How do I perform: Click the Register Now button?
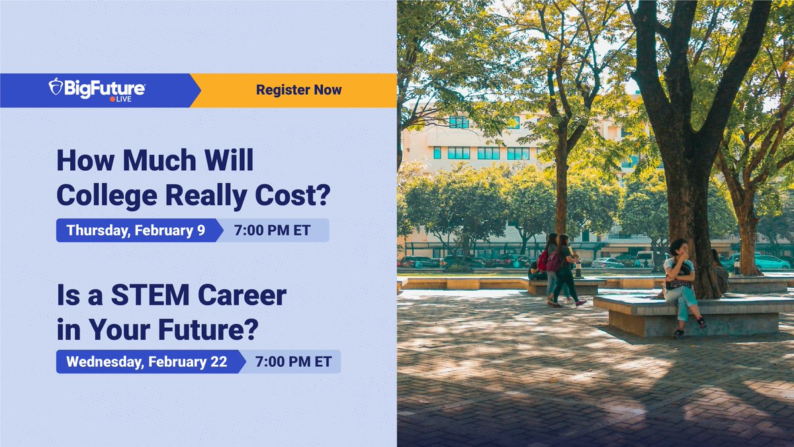pos(298,90)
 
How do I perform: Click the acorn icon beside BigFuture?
pos(56,87)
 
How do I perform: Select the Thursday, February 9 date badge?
pos(136,230)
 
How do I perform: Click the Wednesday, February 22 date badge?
pos(146,362)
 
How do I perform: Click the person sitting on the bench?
pos(681,285)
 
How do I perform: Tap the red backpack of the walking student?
pos(543,260)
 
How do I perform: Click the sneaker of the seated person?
pos(678,334)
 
